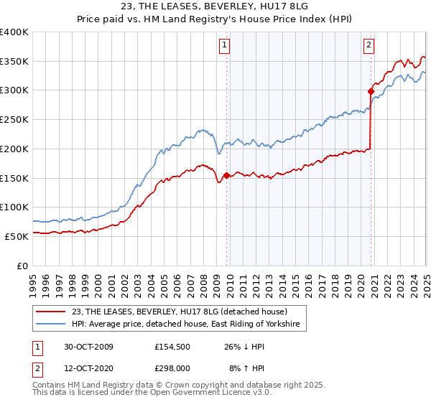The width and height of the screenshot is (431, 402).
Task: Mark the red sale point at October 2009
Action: point(226,175)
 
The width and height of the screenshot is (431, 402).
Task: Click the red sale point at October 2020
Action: point(371,91)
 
